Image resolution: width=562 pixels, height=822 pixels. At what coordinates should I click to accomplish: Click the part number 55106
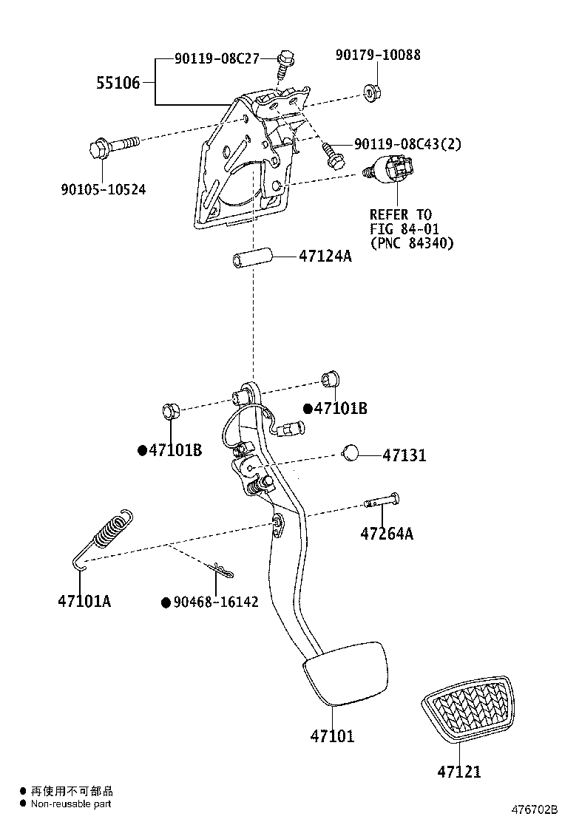click(x=118, y=83)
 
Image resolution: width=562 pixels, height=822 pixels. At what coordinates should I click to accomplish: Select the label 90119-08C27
click(x=217, y=58)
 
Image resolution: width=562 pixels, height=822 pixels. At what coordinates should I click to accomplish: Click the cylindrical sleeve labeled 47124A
click(x=251, y=262)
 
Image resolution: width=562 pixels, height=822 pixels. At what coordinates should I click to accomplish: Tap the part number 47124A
click(x=325, y=257)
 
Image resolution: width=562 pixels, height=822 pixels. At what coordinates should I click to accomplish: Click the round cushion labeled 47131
click(x=351, y=453)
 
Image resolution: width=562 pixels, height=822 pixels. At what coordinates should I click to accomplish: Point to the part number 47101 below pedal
click(x=332, y=736)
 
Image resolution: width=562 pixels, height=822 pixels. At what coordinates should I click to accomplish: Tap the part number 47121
click(x=458, y=772)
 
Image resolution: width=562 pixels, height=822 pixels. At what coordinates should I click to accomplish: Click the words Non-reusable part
click(x=71, y=804)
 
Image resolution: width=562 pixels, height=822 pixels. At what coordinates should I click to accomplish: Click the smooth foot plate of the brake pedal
click(x=345, y=673)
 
